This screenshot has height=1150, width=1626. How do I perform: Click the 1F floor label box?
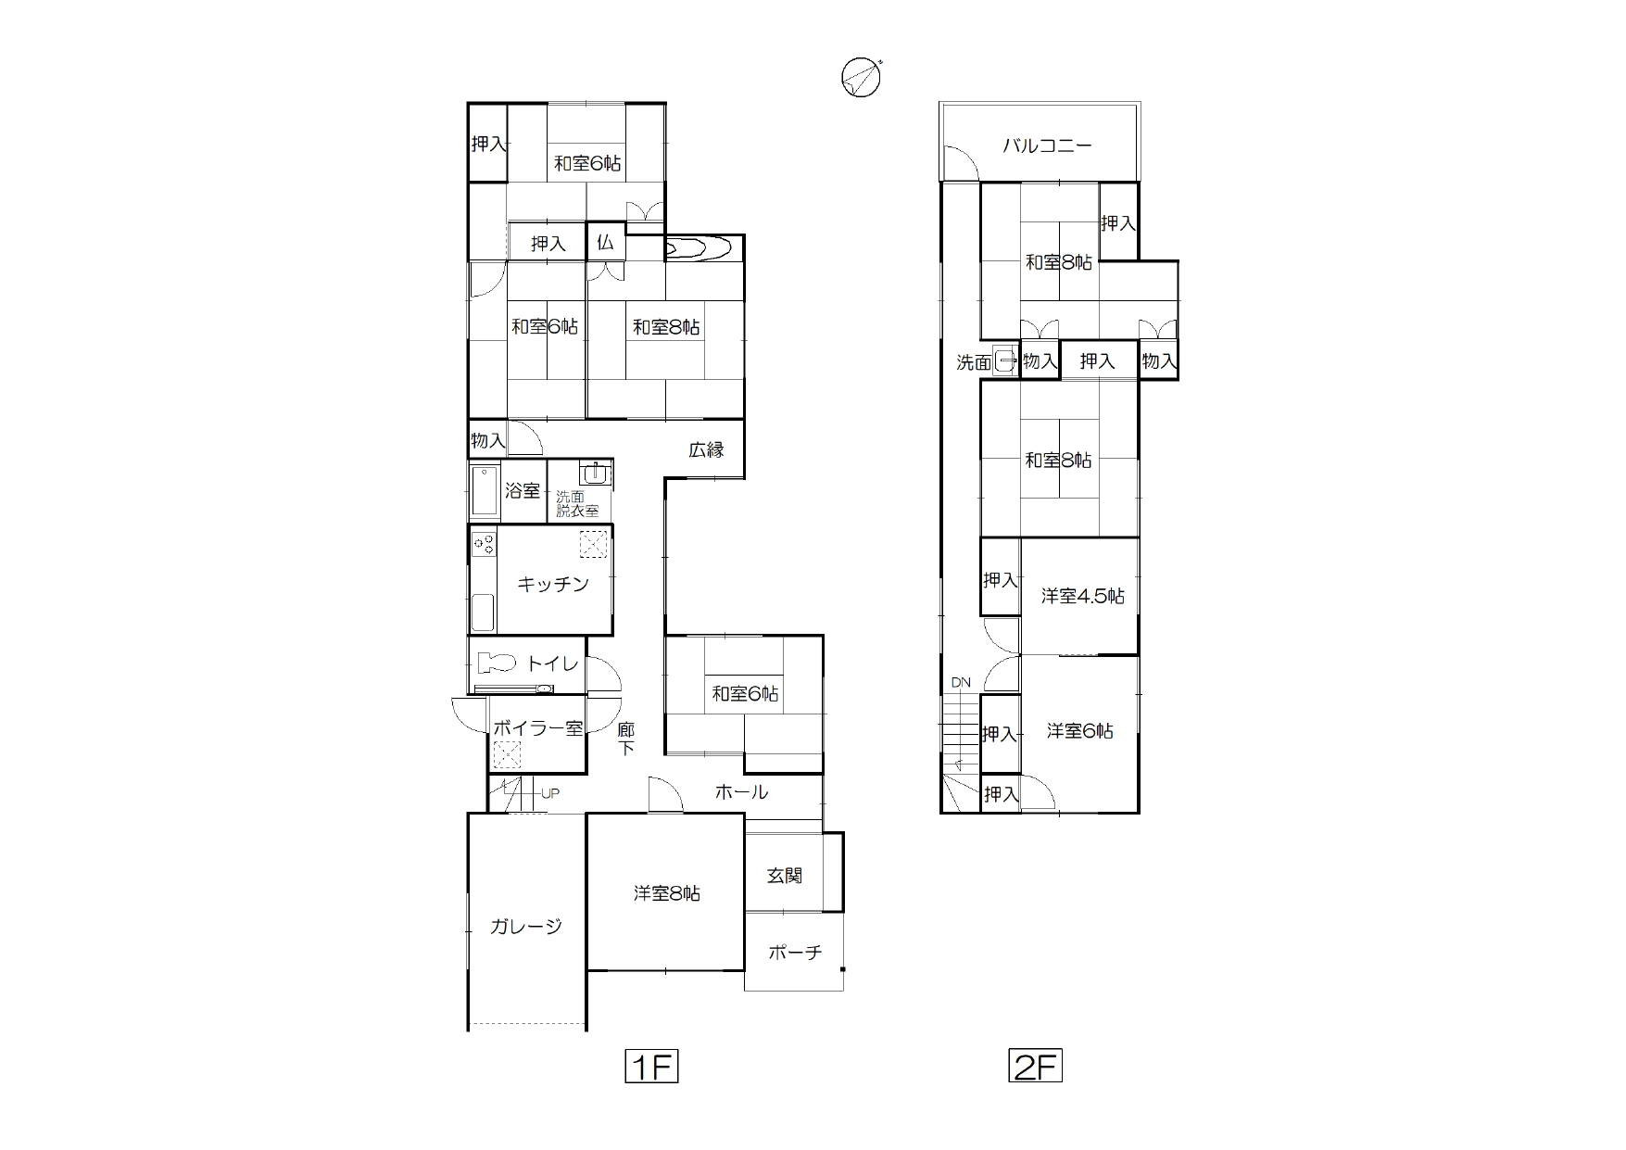651,1066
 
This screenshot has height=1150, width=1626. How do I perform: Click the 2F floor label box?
1035,1066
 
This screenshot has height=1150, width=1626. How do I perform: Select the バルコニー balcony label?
1048,145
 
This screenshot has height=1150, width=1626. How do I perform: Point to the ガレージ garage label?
526,926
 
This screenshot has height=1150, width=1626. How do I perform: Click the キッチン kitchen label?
553,584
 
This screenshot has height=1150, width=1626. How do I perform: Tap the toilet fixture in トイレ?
497,663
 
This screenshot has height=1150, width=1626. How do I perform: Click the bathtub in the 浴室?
483,490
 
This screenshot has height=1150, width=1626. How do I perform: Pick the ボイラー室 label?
537,727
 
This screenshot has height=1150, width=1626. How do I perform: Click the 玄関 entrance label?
785,875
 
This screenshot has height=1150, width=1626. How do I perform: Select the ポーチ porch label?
795,952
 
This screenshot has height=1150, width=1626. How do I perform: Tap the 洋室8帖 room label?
667,893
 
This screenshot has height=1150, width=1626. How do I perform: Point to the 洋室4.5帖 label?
1083,596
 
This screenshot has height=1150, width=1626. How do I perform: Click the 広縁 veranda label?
706,450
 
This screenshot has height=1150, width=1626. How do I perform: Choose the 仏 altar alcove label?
605,243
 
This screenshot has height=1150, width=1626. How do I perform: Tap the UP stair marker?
550,793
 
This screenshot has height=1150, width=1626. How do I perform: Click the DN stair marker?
961,683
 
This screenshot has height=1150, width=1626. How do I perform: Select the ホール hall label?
741,791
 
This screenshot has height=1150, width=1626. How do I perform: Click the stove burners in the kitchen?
483,542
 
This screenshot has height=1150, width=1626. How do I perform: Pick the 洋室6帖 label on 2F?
1080,731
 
